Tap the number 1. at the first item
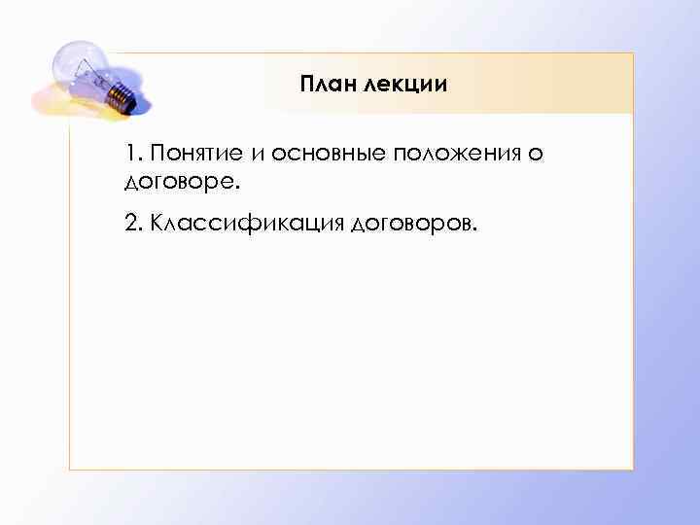coord(132,155)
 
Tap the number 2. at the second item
coord(133,225)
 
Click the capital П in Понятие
coord(157,155)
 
